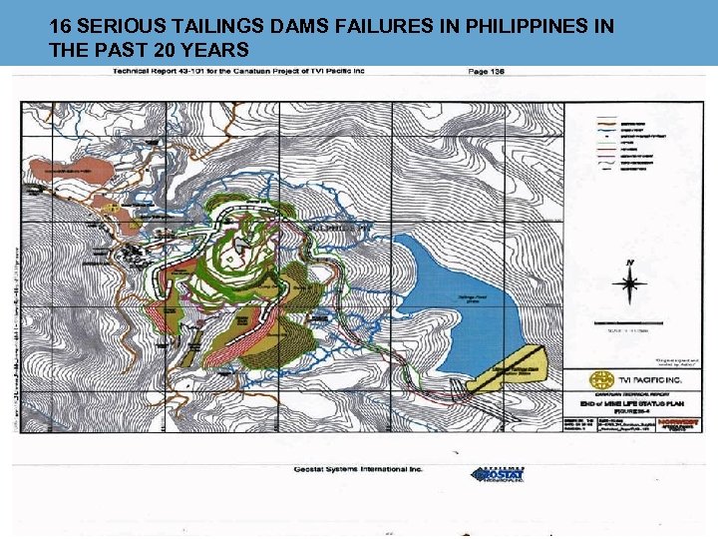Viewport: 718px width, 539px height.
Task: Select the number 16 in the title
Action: coord(59,25)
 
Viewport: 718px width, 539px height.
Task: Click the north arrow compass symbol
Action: coord(628,282)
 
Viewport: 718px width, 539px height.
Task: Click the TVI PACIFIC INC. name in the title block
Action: coord(652,381)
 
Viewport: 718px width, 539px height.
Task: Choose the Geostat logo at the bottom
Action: coord(498,474)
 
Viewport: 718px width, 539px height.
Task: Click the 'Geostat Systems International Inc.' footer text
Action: coord(358,469)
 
